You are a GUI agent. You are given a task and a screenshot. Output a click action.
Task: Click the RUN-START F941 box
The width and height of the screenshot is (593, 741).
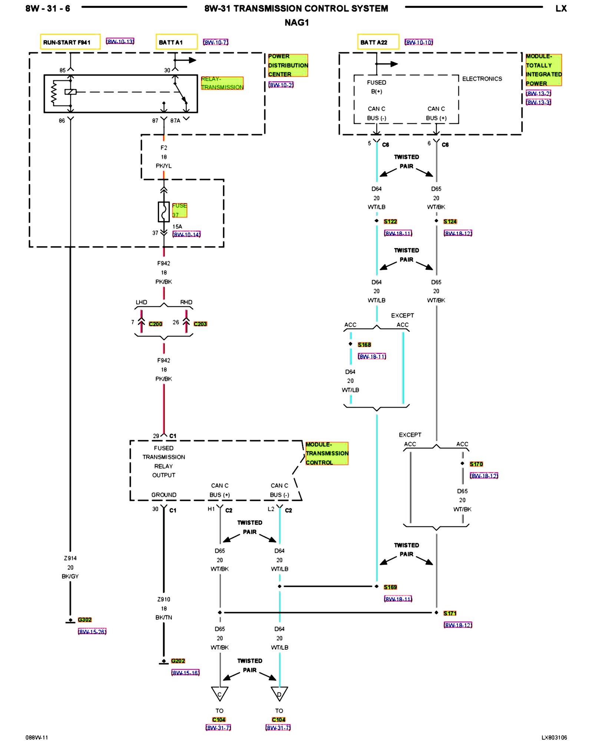(70, 42)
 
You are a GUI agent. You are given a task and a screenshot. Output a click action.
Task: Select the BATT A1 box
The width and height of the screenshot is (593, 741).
(176, 42)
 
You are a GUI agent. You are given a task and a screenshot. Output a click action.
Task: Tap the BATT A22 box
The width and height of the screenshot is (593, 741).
(378, 42)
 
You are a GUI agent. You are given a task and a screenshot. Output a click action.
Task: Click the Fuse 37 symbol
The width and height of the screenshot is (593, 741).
(163, 212)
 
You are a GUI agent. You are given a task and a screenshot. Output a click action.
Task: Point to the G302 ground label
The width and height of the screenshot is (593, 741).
(85, 619)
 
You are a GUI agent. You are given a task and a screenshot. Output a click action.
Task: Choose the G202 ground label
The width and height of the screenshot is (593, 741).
(178, 661)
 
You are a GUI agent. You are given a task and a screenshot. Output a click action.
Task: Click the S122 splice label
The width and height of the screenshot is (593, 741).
(390, 221)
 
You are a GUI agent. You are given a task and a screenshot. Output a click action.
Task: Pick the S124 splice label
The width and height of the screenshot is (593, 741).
(450, 221)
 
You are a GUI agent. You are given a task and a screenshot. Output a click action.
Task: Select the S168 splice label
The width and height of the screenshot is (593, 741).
(364, 345)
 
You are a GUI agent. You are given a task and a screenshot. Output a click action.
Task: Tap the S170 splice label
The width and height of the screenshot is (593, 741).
(476, 464)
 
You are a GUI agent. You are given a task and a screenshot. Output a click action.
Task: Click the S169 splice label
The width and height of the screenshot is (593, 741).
(390, 587)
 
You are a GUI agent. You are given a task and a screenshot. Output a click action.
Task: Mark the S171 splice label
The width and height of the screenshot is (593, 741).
(450, 613)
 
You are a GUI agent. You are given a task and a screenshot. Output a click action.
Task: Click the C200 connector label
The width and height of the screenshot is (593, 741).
(156, 324)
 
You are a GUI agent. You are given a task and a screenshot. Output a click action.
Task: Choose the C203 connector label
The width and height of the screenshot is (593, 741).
(200, 324)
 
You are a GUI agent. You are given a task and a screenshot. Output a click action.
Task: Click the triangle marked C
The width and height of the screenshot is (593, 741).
(220, 694)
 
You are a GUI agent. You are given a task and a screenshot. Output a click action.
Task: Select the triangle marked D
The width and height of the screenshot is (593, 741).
(279, 694)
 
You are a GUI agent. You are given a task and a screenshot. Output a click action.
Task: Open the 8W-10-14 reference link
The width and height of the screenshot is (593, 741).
(186, 235)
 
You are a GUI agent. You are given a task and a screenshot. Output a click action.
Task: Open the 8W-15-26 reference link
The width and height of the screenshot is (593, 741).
(92, 631)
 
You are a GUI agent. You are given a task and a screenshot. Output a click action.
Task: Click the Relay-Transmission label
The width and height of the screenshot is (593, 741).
(222, 83)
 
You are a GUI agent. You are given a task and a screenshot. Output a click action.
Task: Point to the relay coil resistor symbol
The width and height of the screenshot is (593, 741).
(54, 93)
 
